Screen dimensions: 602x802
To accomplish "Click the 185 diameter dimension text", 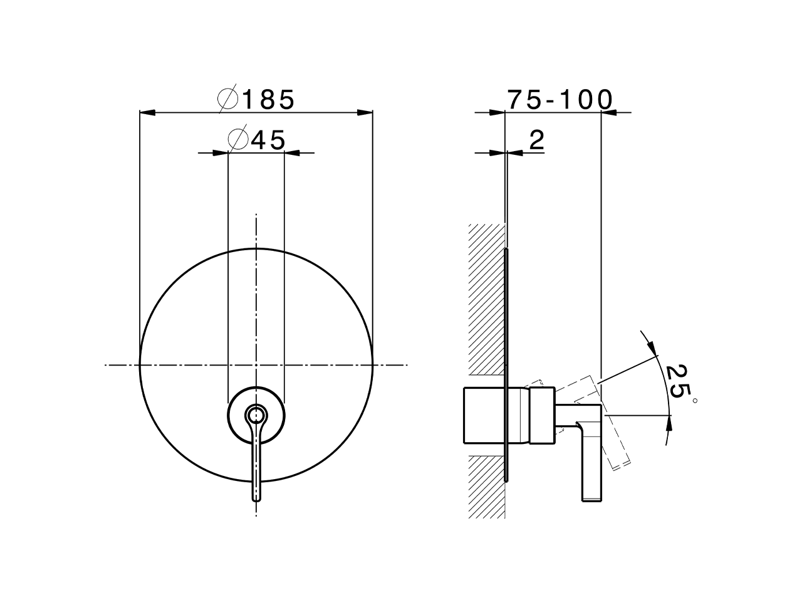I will coord(268,100).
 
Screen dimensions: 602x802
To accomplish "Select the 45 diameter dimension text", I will coord(268,140).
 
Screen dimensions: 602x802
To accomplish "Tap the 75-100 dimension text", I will coord(559,100).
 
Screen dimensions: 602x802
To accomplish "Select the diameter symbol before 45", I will coord(238,139).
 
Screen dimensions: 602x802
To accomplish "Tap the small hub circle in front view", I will coord(256,415).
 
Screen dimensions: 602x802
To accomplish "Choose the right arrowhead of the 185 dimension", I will coord(365,113).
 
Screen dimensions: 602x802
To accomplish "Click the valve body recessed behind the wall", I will coord(483,416).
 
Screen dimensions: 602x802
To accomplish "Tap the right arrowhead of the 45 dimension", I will coord(292,152).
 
